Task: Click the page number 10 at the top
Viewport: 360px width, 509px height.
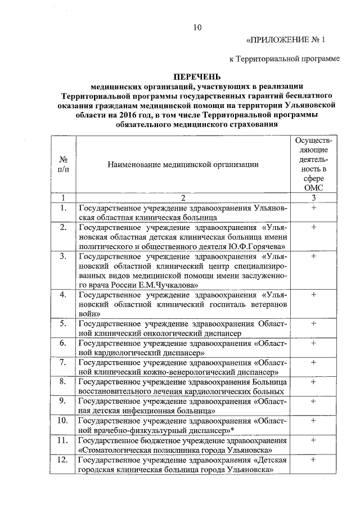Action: pos(197,28)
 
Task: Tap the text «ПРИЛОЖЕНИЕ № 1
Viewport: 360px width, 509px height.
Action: pos(286,40)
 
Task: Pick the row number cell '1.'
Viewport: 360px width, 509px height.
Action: pos(64,209)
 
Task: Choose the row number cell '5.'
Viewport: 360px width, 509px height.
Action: pos(64,325)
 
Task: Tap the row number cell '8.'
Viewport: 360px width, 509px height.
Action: pos(64,382)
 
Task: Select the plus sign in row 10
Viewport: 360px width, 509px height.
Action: pos(313,421)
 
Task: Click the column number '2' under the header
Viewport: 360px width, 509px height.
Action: pos(184,198)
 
